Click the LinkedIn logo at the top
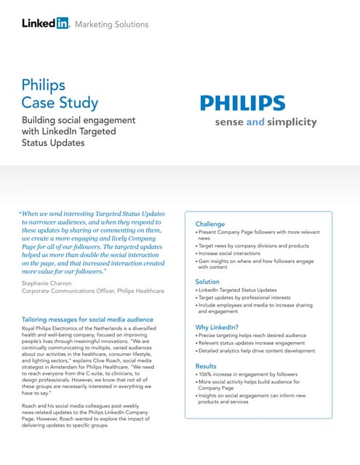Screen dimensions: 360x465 45,23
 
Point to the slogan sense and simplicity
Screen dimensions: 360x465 265,122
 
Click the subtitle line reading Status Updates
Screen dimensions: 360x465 53,143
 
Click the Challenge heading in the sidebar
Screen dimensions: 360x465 210,224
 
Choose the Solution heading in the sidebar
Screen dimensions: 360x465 207,281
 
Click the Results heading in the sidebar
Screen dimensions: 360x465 207,367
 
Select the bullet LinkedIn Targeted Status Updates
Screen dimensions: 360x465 238,290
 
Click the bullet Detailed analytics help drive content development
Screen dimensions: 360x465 257,351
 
